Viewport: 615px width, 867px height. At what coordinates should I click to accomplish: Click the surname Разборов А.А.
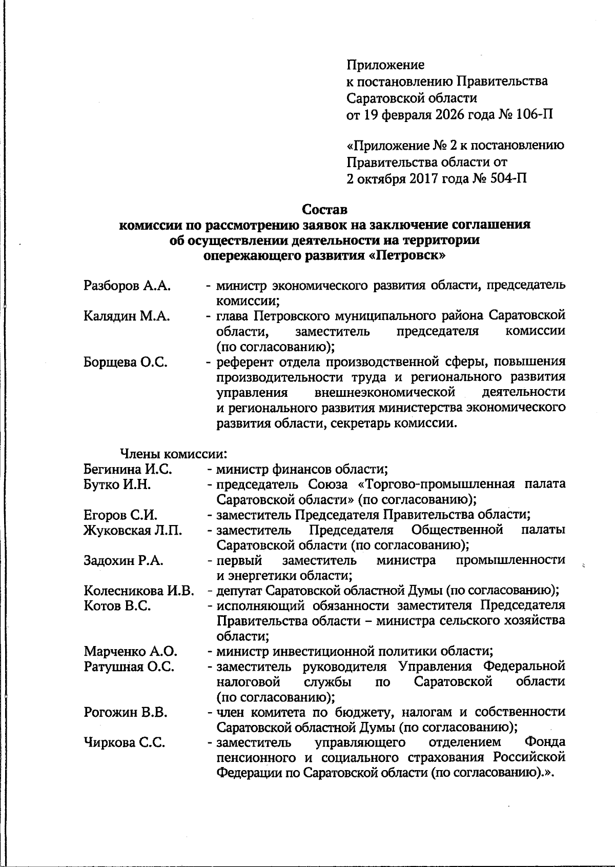click(x=127, y=286)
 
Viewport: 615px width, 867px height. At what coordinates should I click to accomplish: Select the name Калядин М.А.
click(x=127, y=316)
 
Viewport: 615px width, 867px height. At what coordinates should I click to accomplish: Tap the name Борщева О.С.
click(x=126, y=362)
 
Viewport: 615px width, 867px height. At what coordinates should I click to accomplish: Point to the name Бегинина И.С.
click(x=128, y=469)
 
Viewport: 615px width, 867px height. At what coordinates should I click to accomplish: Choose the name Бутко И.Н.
click(x=117, y=484)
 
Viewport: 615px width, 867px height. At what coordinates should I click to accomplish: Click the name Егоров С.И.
click(x=120, y=515)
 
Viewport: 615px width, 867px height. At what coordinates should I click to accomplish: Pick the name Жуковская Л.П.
click(x=133, y=530)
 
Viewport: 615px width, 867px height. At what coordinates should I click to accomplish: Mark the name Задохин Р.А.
click(x=124, y=560)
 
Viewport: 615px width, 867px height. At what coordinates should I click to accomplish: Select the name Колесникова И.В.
click(x=139, y=591)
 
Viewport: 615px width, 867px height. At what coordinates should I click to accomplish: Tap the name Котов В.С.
click(x=117, y=606)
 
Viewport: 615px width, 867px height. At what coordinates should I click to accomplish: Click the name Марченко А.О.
click(x=130, y=652)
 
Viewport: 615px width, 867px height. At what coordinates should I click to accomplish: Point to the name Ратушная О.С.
click(x=129, y=667)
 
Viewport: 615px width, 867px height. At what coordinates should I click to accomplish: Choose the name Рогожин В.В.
click(x=126, y=712)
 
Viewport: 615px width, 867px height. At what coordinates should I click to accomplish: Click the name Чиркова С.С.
click(x=124, y=742)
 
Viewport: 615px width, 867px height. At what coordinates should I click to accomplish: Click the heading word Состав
click(x=324, y=209)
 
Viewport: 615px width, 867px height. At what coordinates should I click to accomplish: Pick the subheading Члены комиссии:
click(x=173, y=454)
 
